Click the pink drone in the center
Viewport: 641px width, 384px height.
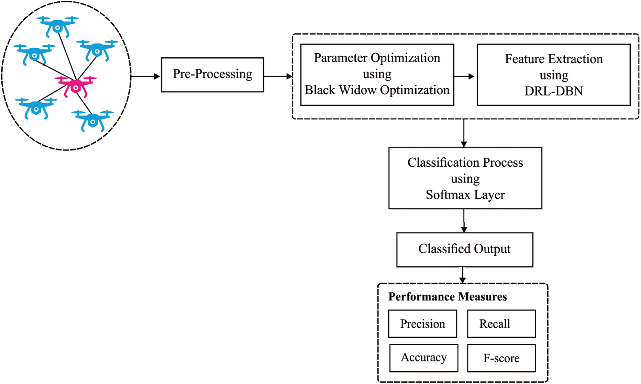coord(76,86)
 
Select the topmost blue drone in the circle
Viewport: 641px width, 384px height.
coord(57,26)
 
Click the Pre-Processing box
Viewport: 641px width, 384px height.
coord(212,75)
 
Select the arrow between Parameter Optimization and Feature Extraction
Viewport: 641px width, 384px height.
coord(465,76)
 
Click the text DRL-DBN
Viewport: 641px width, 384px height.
coord(553,91)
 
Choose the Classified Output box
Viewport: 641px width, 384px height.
coord(464,249)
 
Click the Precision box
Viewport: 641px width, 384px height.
coord(423,324)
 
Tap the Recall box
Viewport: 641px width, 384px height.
coord(501,324)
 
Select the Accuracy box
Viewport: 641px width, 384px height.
coord(423,358)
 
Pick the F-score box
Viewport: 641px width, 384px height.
coord(501,358)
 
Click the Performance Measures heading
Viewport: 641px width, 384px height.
coord(447,297)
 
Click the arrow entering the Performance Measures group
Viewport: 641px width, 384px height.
coord(463,275)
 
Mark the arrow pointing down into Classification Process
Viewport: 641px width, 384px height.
coord(464,133)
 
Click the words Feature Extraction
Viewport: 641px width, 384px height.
coord(553,59)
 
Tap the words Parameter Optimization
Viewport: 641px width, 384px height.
coord(377,58)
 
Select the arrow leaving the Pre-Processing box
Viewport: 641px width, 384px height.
coord(278,76)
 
